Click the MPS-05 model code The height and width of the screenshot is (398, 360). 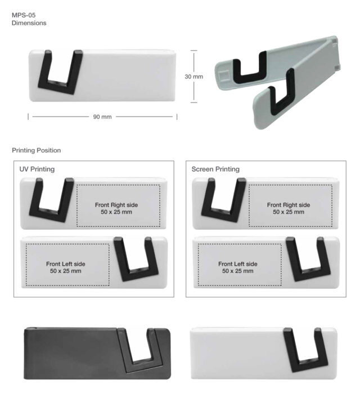tap(24, 15)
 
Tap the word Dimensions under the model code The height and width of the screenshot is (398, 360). tap(29, 23)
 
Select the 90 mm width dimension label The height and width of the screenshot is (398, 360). tap(102, 117)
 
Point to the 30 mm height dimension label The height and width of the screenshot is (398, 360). tap(194, 77)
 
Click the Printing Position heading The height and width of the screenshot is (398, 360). tap(36, 150)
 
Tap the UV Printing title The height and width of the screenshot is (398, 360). tap(37, 169)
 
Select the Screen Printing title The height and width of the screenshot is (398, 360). tap(215, 169)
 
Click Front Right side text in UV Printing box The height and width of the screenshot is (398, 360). tap(116, 205)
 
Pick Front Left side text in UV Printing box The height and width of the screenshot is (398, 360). tap(66, 264)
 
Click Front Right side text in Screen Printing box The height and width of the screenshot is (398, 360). tap(289, 205)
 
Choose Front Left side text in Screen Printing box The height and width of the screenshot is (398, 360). tap(238, 264)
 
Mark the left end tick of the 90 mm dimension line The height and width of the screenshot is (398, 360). tap(28, 117)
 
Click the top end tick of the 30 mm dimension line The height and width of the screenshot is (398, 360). tap(194, 51)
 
